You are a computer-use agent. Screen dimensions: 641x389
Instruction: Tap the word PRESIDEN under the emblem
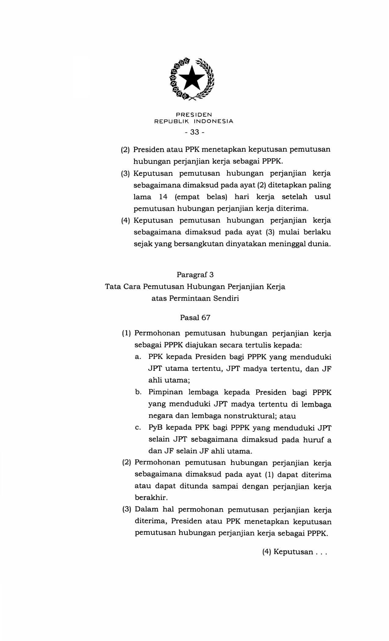[194, 115]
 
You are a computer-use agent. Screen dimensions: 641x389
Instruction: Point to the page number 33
[194, 132]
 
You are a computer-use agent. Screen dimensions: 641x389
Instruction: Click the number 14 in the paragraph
[163, 197]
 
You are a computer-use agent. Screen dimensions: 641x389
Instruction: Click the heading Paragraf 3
[195, 275]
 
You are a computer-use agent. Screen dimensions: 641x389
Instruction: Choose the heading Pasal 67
[195, 318]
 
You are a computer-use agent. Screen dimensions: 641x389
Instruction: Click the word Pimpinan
[165, 392]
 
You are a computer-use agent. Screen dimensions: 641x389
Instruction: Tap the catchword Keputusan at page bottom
[293, 552]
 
